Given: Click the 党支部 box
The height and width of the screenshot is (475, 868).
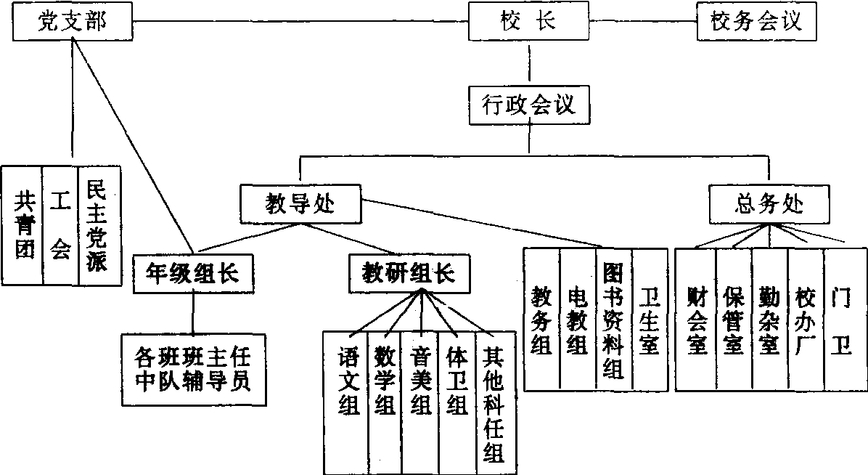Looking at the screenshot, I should click(x=72, y=23).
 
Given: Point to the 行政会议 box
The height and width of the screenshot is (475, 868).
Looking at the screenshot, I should click(x=529, y=105).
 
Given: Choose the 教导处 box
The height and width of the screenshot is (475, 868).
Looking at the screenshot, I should click(x=300, y=204).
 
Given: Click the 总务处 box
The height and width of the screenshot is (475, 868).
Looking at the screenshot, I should click(x=769, y=203).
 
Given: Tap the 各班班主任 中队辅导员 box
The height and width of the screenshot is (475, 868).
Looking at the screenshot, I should click(x=193, y=368).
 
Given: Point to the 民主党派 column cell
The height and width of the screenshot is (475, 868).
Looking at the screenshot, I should click(x=98, y=227).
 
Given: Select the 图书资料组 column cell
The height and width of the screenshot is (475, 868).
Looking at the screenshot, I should click(x=614, y=320).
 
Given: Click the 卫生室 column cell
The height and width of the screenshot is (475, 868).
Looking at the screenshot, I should click(x=650, y=320).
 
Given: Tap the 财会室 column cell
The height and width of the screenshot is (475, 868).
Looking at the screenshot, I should click(x=697, y=320).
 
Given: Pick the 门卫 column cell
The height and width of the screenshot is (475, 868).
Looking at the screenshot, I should click(x=844, y=320).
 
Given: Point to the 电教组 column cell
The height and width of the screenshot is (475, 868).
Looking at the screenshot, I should click(x=578, y=320).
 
